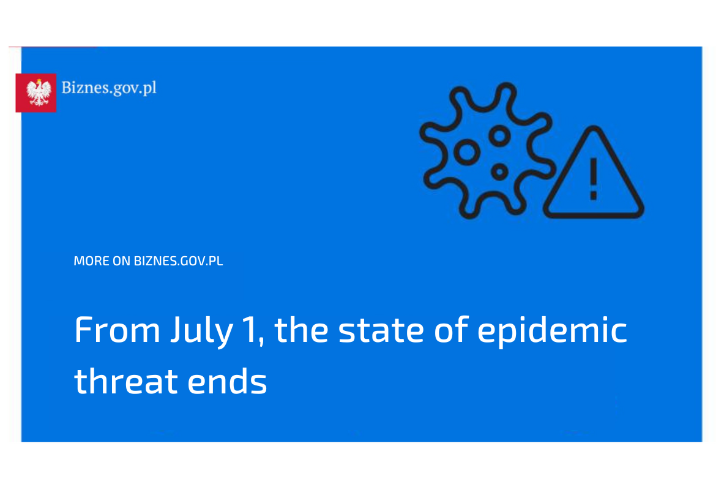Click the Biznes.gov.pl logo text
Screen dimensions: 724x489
(109, 88)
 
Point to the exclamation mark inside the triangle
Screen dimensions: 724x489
(594, 179)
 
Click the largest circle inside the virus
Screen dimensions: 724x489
(467, 152)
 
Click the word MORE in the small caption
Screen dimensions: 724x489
(91, 261)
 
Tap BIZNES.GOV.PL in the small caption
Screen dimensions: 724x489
(178, 261)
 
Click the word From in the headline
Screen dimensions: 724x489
(118, 330)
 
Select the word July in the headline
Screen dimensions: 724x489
(202, 332)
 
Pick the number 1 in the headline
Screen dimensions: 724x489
(249, 330)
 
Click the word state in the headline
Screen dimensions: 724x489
(381, 330)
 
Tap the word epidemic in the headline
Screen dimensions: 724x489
(552, 332)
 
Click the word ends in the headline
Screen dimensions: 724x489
(227, 381)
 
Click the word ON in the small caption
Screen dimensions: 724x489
(121, 261)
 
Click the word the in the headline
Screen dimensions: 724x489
(301, 330)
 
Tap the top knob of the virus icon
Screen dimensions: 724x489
(507, 89)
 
